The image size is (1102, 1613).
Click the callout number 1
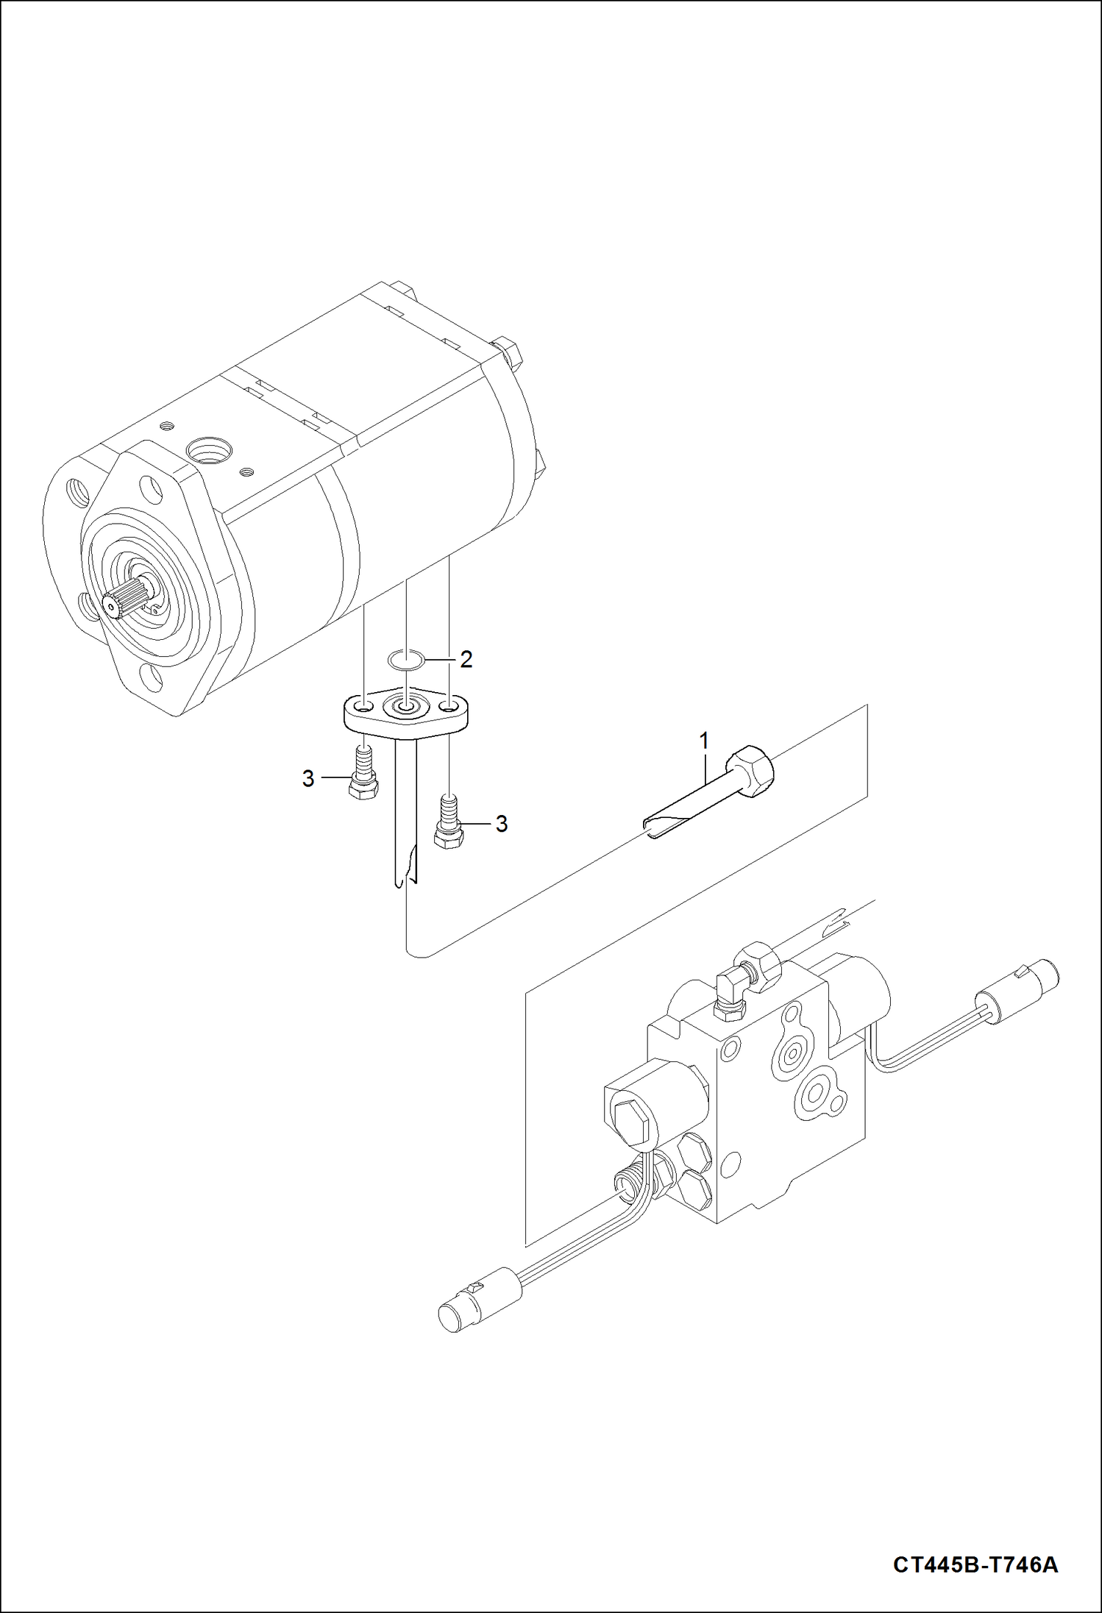click(x=704, y=741)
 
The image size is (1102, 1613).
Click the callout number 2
click(x=466, y=660)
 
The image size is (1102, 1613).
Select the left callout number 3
click(x=308, y=778)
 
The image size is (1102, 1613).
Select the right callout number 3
click(x=501, y=824)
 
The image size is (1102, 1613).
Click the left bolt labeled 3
click(x=362, y=773)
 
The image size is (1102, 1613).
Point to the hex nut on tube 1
click(x=750, y=771)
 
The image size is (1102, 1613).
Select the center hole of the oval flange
click(x=405, y=707)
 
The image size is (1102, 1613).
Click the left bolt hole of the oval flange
click(x=363, y=707)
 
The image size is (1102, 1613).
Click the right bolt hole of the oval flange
click(x=447, y=707)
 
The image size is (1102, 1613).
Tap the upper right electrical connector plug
click(x=1018, y=985)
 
